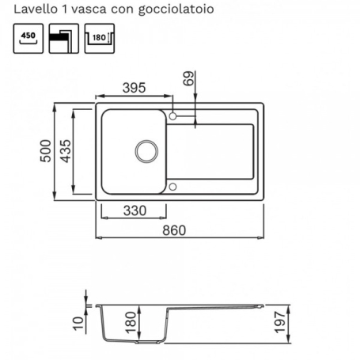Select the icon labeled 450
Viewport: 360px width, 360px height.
(28, 38)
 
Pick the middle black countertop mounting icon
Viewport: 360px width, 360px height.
(63, 38)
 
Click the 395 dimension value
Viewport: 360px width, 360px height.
(134, 88)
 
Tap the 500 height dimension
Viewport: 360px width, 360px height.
(47, 151)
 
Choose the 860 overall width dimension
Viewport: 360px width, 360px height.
(180, 230)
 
